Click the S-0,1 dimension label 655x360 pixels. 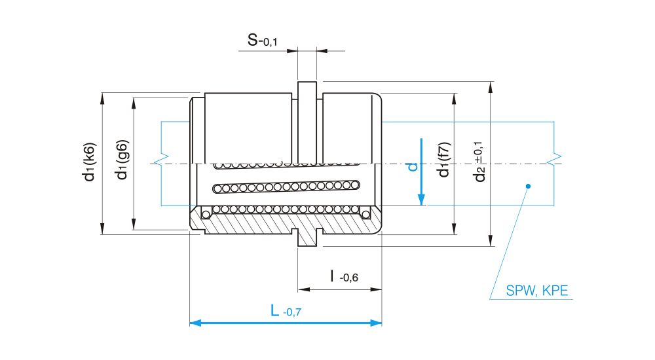pyautogui.click(x=262, y=41)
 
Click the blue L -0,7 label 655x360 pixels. pyautogui.click(x=286, y=310)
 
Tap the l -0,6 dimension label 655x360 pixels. pyautogui.click(x=344, y=276)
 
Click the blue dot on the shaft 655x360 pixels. pyautogui.click(x=528, y=187)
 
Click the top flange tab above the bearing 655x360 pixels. pyautogui.click(x=307, y=89)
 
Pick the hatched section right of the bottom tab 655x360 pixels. pyautogui.click(x=347, y=223)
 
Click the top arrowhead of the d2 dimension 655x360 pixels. pyautogui.click(x=491, y=87)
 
